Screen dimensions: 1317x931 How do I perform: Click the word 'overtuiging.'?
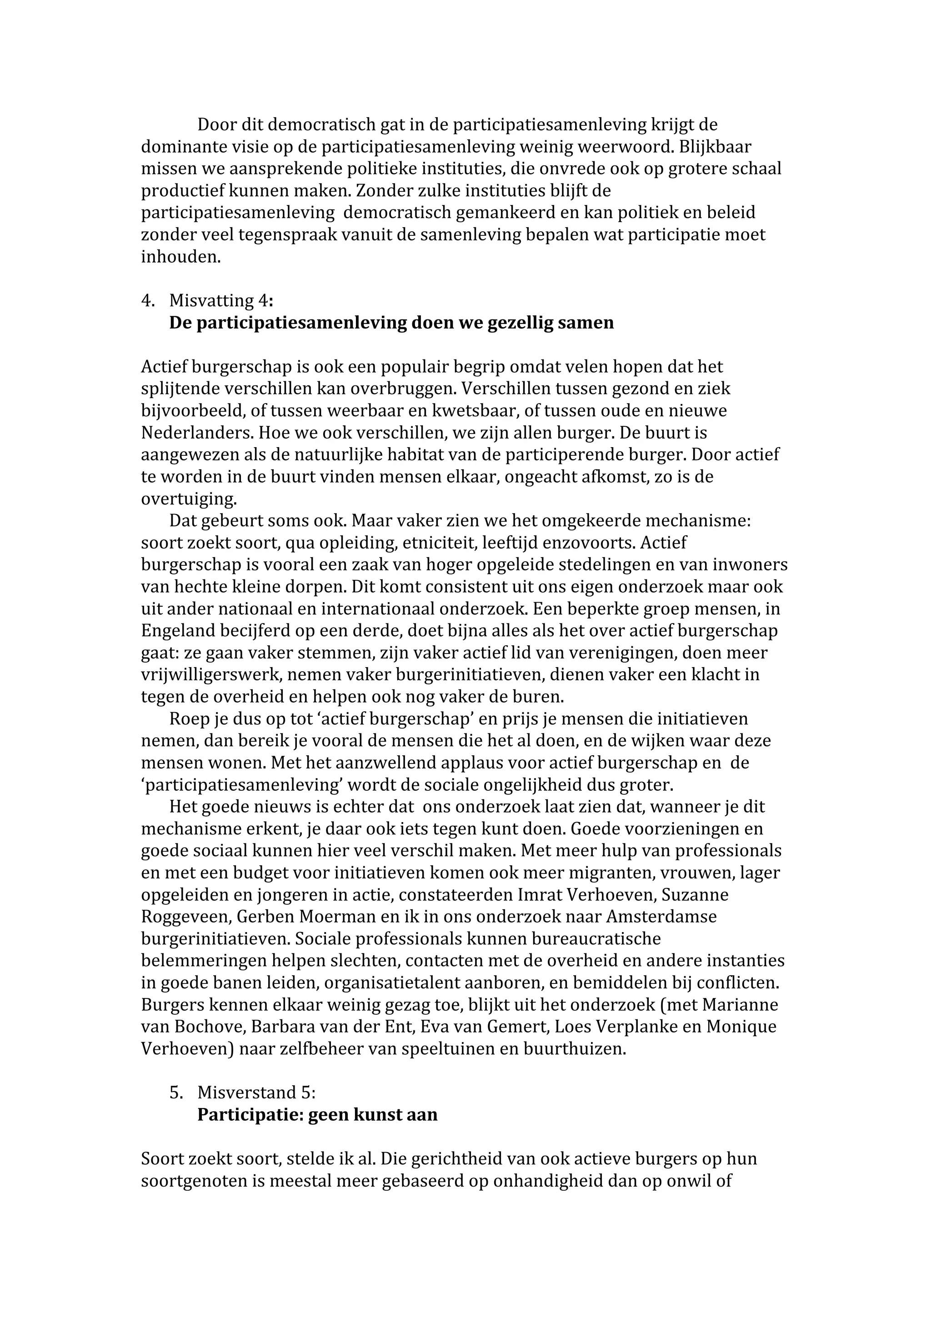click(189, 499)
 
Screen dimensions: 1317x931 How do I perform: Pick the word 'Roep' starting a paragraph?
click(186, 719)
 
